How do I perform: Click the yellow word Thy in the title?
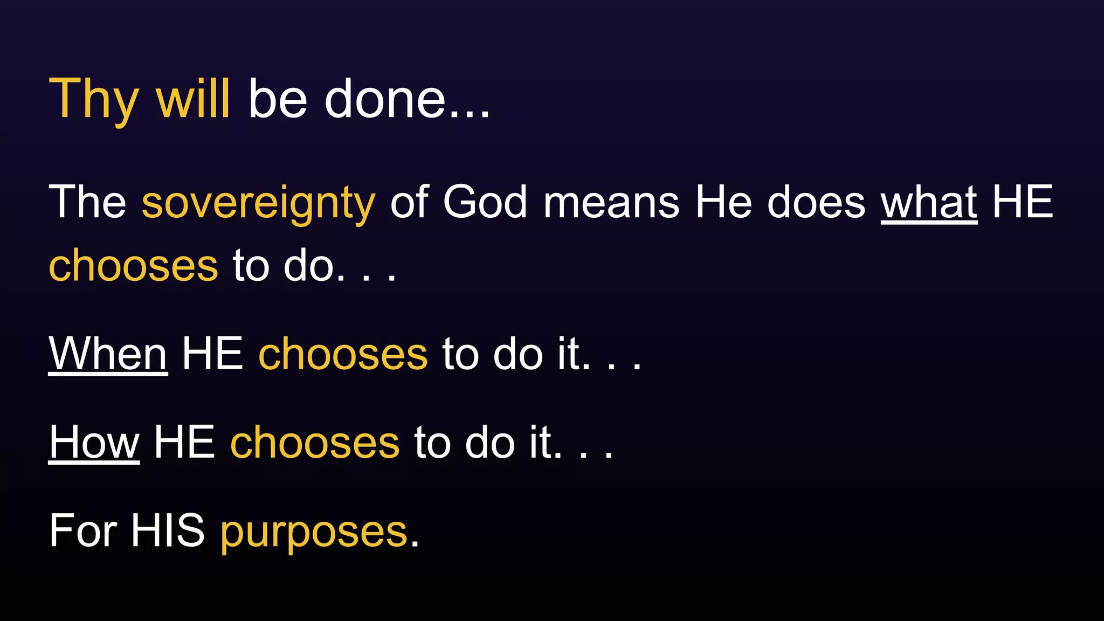pos(93,100)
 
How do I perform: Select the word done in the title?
pos(385,100)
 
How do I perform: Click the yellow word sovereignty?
pos(258,203)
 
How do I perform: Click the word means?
pos(611,203)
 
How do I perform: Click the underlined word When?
pos(108,354)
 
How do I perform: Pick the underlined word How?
pos(94,443)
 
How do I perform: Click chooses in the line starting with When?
pos(343,354)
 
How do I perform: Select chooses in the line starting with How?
pos(315,443)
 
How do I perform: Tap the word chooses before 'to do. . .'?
pos(133,266)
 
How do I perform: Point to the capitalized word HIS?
pos(168,531)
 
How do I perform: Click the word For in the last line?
pos(82,531)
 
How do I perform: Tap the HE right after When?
pos(212,354)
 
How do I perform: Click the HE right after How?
pos(184,443)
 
